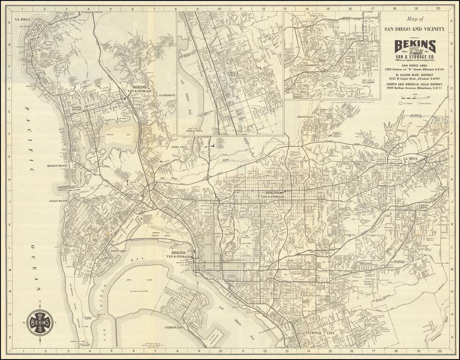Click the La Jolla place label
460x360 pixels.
coord(23,19)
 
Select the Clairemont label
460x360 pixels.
coord(167,95)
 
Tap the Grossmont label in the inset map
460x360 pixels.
coord(310,65)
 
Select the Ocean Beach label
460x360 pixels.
coord(59,201)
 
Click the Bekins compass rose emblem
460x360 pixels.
coord(40,322)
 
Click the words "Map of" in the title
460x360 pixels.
coord(415,19)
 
